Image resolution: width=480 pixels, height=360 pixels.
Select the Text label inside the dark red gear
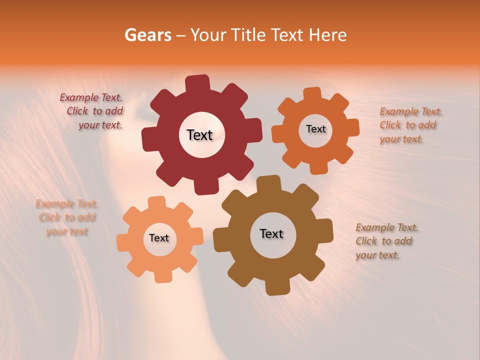(199, 135)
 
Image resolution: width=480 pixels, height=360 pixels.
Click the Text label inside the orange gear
(315, 129)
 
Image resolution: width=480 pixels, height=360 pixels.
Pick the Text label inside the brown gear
(271, 233)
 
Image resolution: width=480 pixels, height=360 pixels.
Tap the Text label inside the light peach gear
(159, 238)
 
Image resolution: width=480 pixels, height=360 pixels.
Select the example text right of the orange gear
(410, 125)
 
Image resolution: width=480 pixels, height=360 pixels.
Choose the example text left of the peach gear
(67, 217)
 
